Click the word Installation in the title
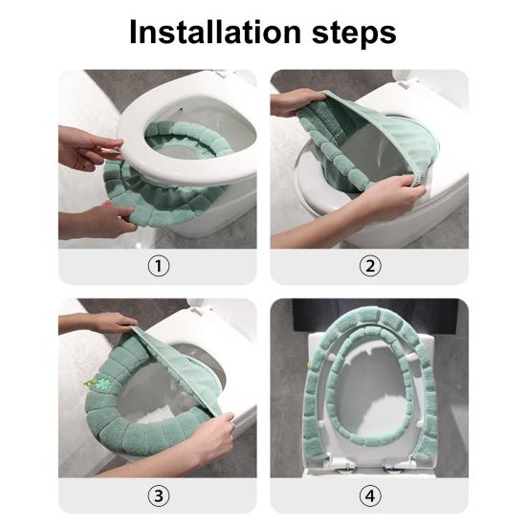coord(215,32)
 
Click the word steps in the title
coord(354,34)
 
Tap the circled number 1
coord(159,266)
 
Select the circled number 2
coord(370,266)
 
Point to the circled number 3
coord(159,495)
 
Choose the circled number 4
coord(370,495)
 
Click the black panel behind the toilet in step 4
coord(375,316)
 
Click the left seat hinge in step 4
coord(340,465)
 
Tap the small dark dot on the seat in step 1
coord(182,109)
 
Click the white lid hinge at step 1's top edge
coord(222,73)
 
